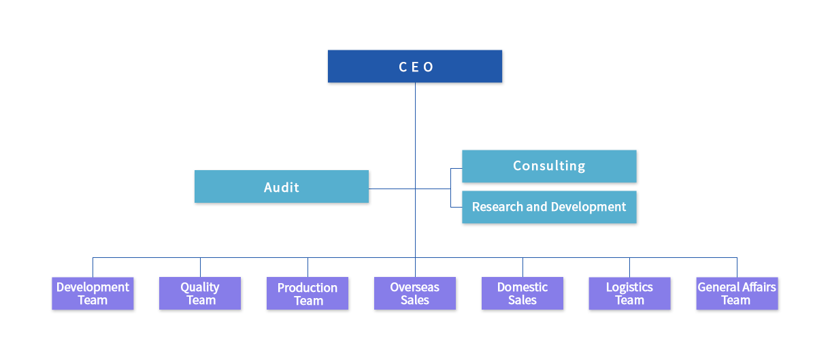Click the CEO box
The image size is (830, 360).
pyautogui.click(x=415, y=67)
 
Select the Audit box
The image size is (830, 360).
pyautogui.click(x=282, y=187)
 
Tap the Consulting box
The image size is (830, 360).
pyautogui.click(x=549, y=166)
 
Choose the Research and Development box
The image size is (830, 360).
pyautogui.click(x=549, y=207)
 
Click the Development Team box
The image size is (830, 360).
pyautogui.click(x=93, y=294)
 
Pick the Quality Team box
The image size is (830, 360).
pyautogui.click(x=200, y=294)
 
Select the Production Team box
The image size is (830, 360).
pyautogui.click(x=308, y=295)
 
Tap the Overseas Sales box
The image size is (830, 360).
pyautogui.click(x=414, y=294)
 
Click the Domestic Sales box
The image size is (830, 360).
pyautogui.click(x=522, y=294)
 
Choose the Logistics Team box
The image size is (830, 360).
pyautogui.click(x=629, y=294)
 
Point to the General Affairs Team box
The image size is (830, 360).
pyautogui.click(x=737, y=294)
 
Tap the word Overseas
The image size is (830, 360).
pyautogui.click(x=414, y=287)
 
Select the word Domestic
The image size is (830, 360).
pyautogui.click(x=522, y=287)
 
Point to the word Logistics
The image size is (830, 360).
pyautogui.click(x=629, y=287)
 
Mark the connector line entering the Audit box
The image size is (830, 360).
pyautogui.click(x=393, y=189)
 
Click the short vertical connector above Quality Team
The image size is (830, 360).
pyautogui.click(x=200, y=265)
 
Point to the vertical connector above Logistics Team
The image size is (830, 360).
pyautogui.click(x=629, y=265)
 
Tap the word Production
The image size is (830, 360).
pyautogui.click(x=308, y=288)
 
